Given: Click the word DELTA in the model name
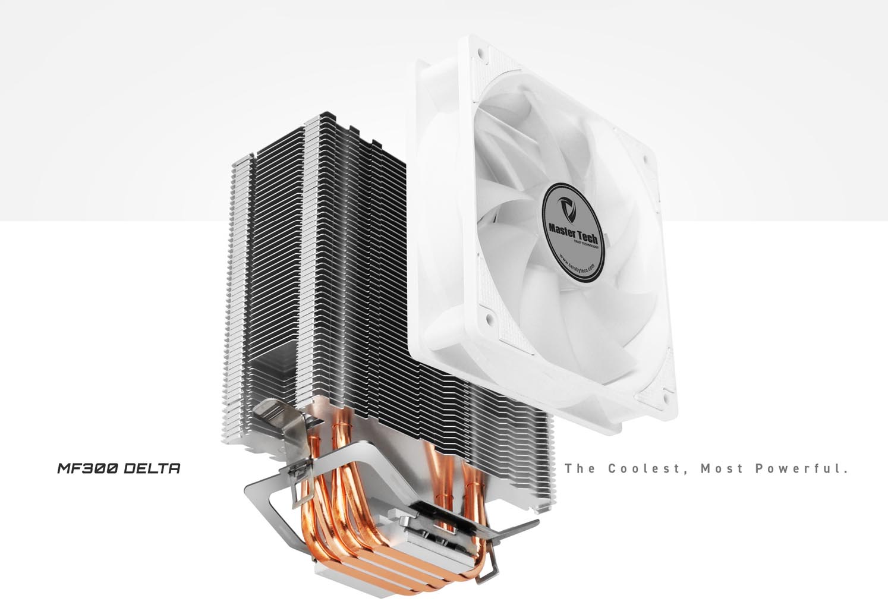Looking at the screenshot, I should [152, 468].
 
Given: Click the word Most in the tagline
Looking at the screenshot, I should [722, 468].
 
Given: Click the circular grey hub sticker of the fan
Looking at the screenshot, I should [574, 229].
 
